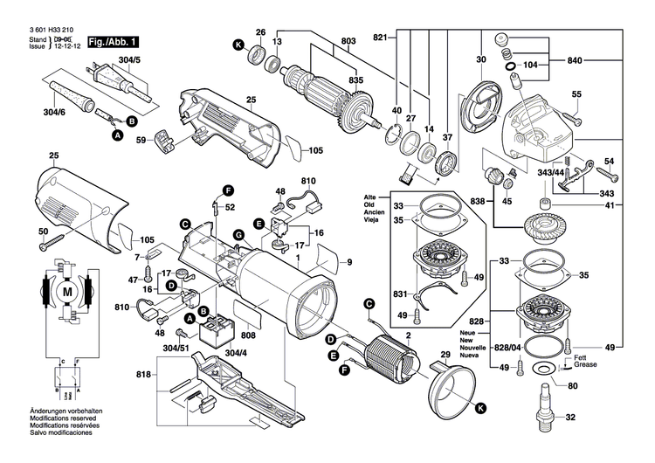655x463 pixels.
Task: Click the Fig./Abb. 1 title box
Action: coord(112,41)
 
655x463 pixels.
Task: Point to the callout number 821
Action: coord(380,38)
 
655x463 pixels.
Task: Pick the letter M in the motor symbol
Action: coord(67,290)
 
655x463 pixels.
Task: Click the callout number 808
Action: coord(248,333)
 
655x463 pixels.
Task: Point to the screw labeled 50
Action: coord(55,237)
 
